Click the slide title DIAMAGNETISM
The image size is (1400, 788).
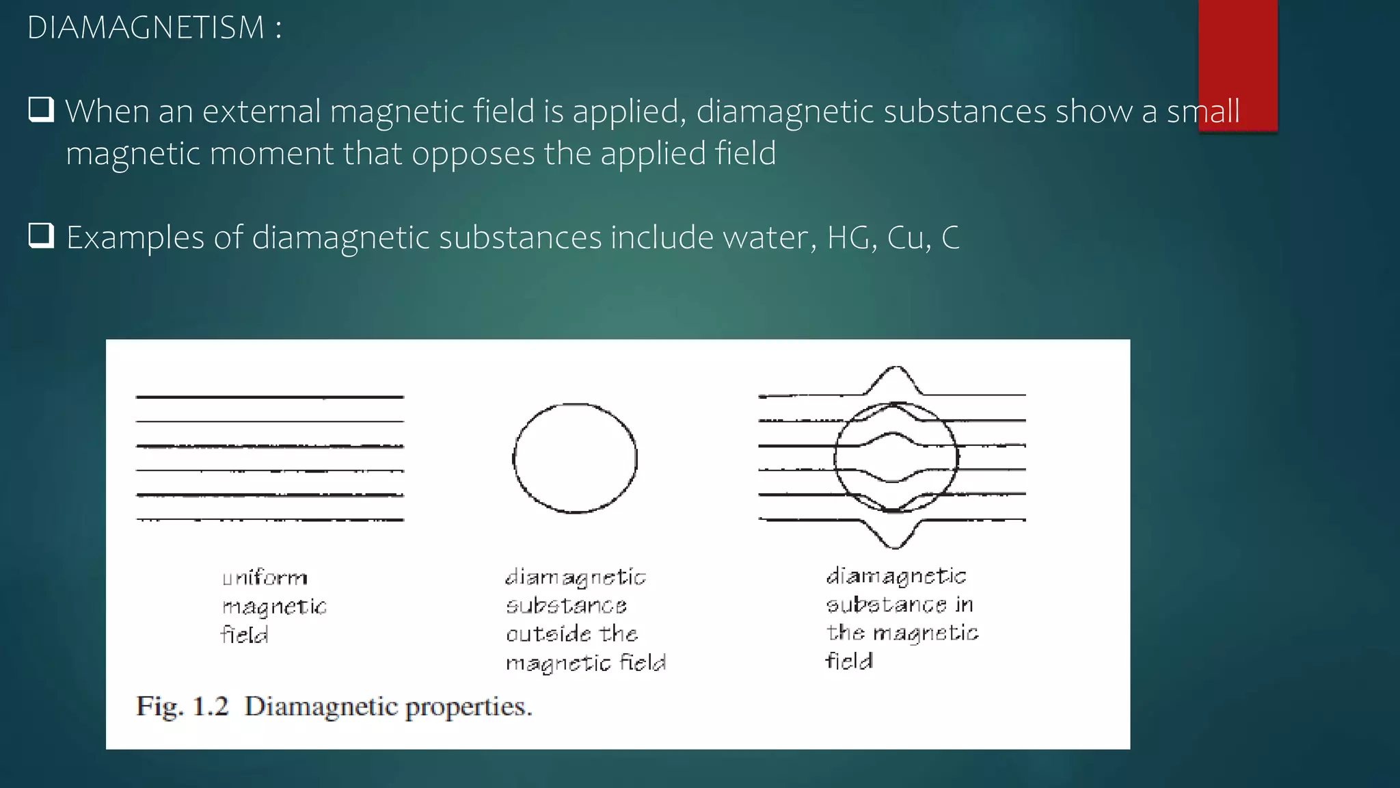click(x=146, y=28)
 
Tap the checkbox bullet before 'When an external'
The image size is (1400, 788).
click(x=41, y=110)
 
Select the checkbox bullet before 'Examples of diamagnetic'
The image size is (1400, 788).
click(x=41, y=236)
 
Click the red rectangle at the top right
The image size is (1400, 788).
click(x=1237, y=65)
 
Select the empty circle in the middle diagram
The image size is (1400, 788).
click(x=575, y=458)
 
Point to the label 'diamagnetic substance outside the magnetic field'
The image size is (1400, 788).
click(x=585, y=620)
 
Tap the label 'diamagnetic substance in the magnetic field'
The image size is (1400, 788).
click(x=901, y=618)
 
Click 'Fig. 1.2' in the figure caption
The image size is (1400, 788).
click(x=183, y=706)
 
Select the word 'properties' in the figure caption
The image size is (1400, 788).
click(x=468, y=707)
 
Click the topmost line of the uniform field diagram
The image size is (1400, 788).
click(x=270, y=397)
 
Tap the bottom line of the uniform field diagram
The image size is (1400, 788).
click(x=270, y=520)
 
